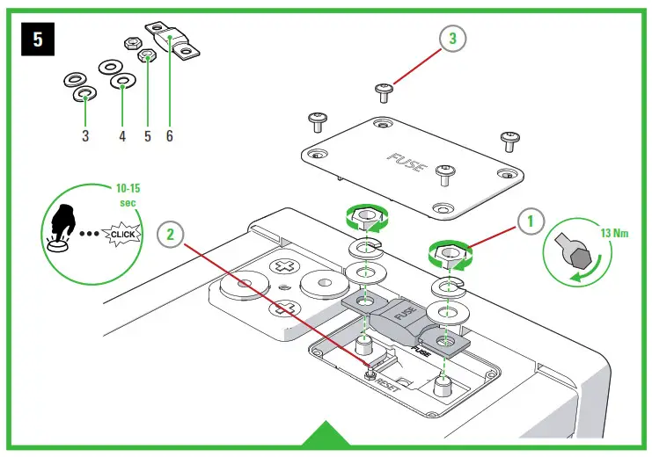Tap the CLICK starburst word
tap(121, 234)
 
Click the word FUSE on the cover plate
tap(406, 163)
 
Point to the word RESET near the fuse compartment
tap(388, 384)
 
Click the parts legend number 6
tap(169, 136)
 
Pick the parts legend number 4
tap(122, 136)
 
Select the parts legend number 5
tap(146, 136)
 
